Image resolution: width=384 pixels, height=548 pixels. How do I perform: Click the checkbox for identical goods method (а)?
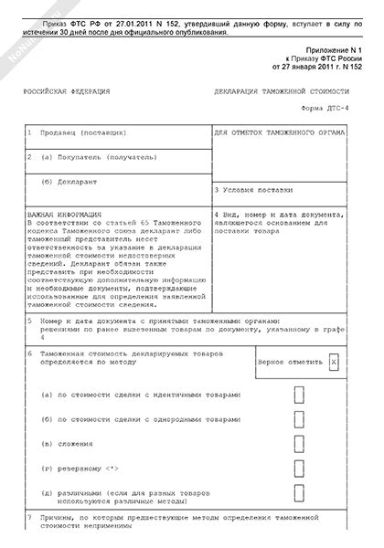[x=300, y=395]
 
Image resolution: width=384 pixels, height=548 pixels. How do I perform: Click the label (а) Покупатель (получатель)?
[x=91, y=156]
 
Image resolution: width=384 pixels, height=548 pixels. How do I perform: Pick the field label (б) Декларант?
[x=72, y=180]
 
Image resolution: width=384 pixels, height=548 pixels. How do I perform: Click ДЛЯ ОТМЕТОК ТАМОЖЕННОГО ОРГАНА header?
[x=279, y=133]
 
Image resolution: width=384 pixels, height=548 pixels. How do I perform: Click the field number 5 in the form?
[x=30, y=321]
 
